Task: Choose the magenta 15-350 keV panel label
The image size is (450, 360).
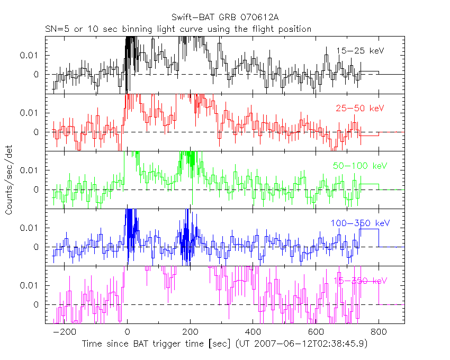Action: tap(357, 281)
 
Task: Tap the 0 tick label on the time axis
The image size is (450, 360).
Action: tap(128, 332)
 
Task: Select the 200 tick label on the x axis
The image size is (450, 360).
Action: tap(190, 332)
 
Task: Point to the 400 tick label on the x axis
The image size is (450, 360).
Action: tap(253, 332)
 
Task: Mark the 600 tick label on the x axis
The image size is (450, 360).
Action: tap(316, 332)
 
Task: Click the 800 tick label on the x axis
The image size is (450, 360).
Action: tap(378, 332)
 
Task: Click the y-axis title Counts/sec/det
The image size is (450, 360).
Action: tap(9, 180)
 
